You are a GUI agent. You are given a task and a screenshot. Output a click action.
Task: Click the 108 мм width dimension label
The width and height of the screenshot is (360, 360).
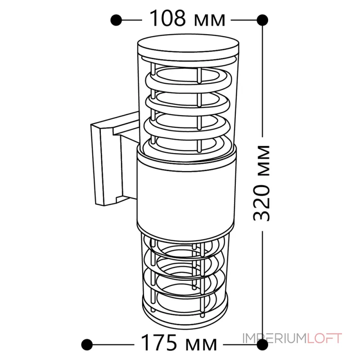click(187, 18)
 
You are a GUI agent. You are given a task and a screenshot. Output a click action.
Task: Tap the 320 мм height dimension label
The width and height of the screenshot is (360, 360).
click(261, 183)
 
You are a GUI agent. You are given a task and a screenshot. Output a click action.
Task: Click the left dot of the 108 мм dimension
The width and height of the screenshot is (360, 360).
click(116, 20)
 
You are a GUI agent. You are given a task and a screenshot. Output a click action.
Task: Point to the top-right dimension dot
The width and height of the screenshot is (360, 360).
click(262, 20)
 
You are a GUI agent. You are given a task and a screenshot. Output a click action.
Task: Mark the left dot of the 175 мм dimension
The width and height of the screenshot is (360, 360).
click(87, 344)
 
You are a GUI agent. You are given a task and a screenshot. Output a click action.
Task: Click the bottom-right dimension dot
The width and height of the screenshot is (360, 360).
click(262, 344)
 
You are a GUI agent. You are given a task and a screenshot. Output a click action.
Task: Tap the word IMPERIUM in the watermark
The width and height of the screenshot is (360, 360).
click(274, 338)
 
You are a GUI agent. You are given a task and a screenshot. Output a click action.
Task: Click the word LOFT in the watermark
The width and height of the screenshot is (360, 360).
click(324, 338)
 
